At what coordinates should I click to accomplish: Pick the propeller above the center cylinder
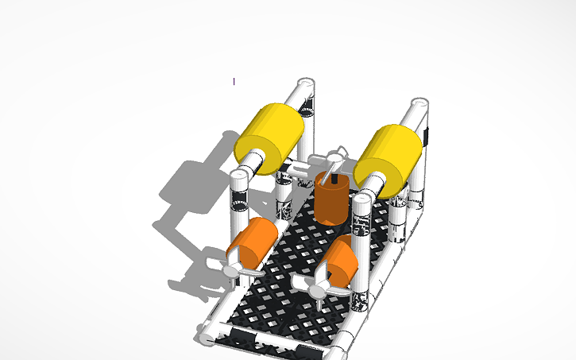pyautogui.click(x=338, y=154)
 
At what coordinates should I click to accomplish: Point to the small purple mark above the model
pyautogui.click(x=234, y=81)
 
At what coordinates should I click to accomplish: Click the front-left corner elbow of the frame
pyautogui.click(x=208, y=339)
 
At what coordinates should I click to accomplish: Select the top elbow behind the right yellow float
pyautogui.click(x=419, y=106)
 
